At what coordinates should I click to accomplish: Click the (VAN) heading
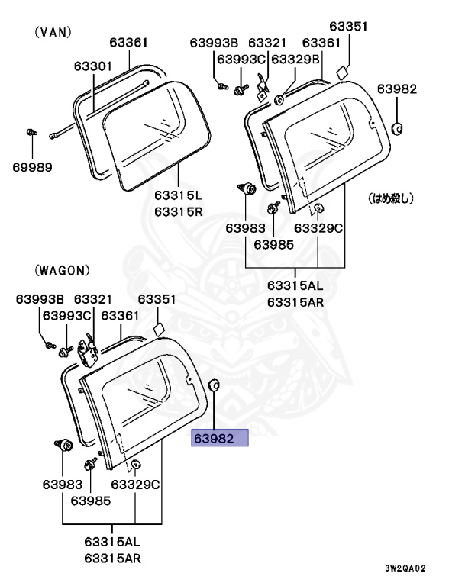(53, 32)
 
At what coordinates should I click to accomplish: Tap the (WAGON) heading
(62, 270)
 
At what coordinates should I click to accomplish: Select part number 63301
(93, 67)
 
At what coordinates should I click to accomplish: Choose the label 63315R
(178, 211)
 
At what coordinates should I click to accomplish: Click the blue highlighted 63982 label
(220, 438)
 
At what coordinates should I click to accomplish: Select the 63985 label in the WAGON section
(91, 501)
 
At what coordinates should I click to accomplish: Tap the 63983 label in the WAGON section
(62, 484)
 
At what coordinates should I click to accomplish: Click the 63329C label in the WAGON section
(135, 484)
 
